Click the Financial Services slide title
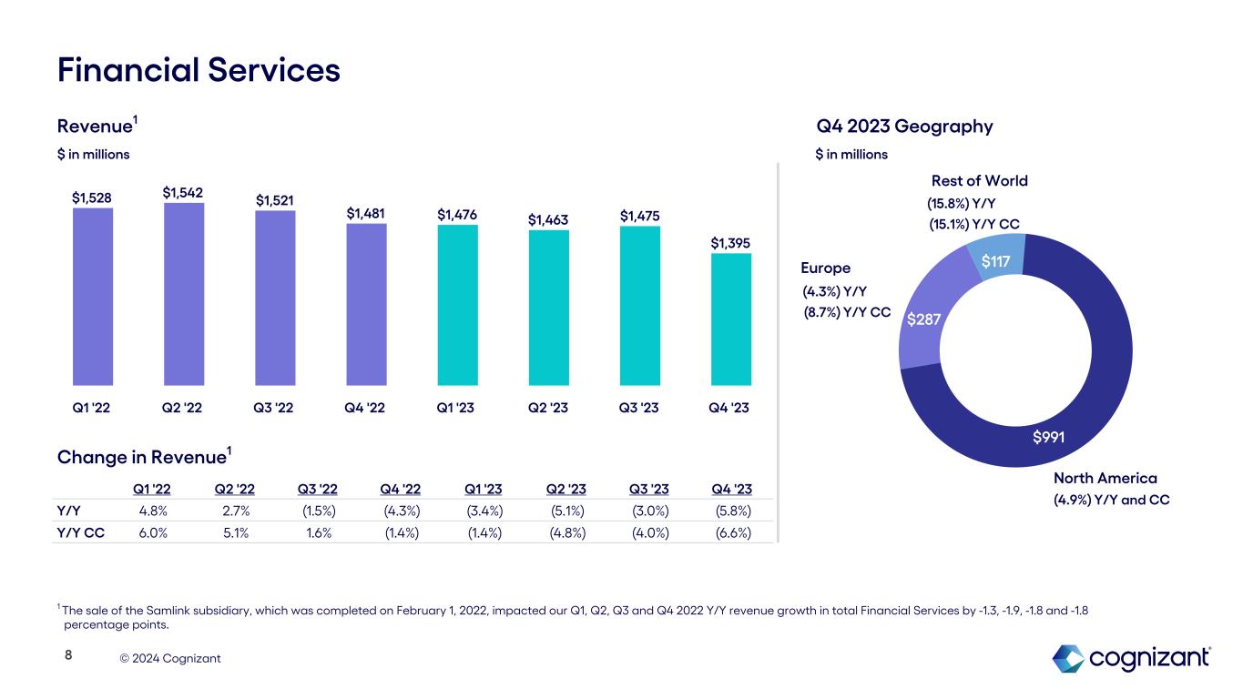(199, 70)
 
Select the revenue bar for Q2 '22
(183, 293)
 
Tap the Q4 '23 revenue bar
(731, 319)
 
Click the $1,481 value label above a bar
(365, 213)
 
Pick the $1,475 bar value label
(639, 216)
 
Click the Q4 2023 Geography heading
(904, 127)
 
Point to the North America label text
(1105, 478)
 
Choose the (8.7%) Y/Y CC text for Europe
(847, 311)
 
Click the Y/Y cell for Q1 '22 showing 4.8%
(153, 510)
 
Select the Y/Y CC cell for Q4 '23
(733, 532)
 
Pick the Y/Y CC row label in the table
(80, 532)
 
